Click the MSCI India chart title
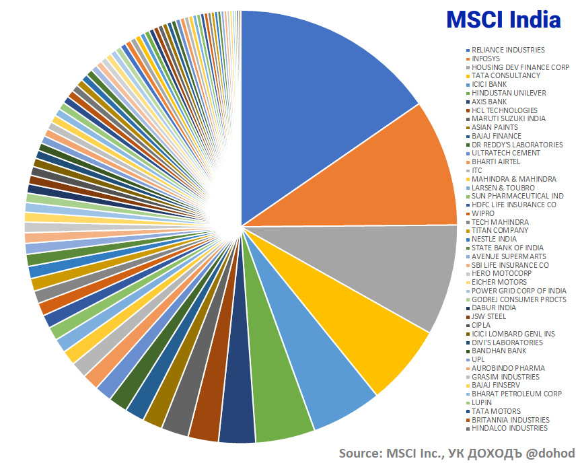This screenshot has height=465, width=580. (503, 20)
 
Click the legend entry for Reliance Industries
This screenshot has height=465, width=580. (508, 50)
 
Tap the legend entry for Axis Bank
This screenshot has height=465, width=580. (489, 102)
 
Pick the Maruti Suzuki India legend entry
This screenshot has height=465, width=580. (508, 118)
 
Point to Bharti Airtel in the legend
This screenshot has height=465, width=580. (496, 162)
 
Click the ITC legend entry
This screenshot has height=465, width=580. (477, 170)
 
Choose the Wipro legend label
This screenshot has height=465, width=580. (482, 213)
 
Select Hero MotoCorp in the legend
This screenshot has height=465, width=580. (501, 274)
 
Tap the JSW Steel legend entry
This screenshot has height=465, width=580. (489, 316)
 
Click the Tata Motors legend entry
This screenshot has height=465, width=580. (496, 411)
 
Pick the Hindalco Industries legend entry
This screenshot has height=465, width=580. (509, 428)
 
